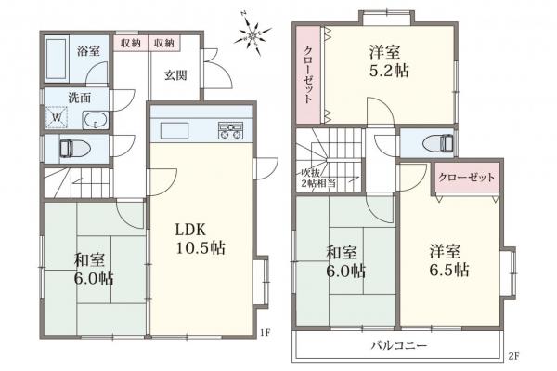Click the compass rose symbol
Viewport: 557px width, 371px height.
pyautogui.click(x=252, y=36)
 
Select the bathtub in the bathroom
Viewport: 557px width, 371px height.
pyautogui.click(x=58, y=60)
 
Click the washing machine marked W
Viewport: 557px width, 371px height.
pyautogui.click(x=57, y=118)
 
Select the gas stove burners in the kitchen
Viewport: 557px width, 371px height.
pyautogui.click(x=230, y=131)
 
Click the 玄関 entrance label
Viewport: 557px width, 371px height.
pyautogui.click(x=177, y=74)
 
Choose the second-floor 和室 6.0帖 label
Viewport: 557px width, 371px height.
pyautogui.click(x=344, y=260)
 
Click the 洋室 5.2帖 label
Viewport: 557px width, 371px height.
pyautogui.click(x=386, y=61)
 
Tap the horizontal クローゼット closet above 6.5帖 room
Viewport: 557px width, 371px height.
pyautogui.click(x=467, y=177)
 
